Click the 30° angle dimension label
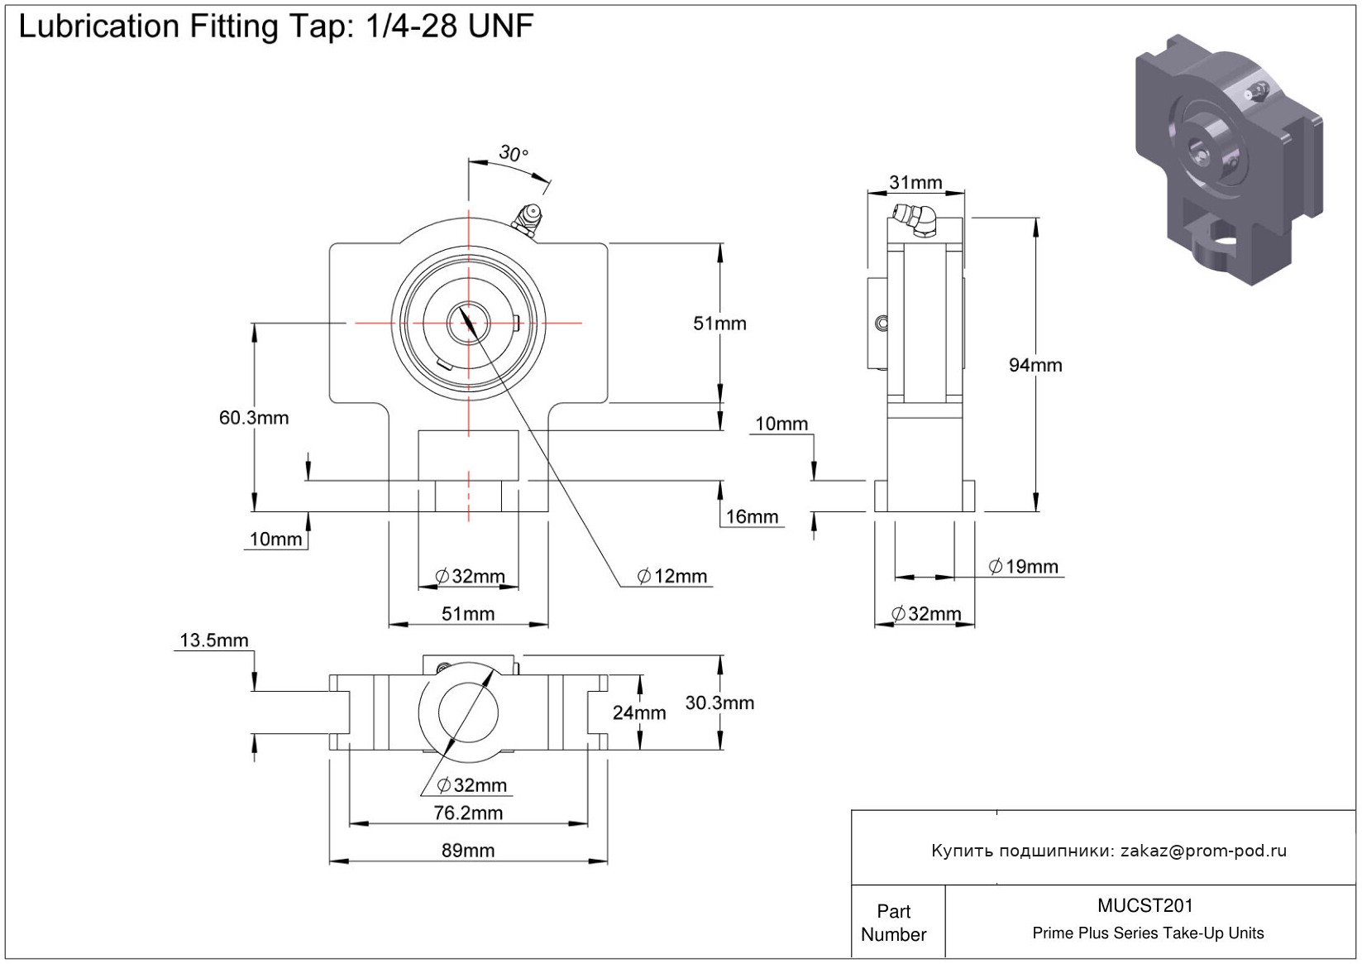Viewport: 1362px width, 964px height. point(513,153)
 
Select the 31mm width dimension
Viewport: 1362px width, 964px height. point(915,182)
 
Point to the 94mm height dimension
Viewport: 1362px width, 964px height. point(1035,365)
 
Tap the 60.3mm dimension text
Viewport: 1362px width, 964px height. point(254,418)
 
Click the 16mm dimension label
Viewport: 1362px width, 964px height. point(752,517)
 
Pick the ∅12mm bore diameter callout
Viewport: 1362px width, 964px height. point(672,576)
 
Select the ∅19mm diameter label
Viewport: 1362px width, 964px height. point(1024,567)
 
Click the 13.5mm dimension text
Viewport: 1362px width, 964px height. point(213,640)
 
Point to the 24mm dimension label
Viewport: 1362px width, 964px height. point(639,712)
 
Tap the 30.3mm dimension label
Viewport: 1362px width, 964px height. point(719,703)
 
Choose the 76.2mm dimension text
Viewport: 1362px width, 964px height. point(468,813)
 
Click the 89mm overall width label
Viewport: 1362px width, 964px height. point(468,851)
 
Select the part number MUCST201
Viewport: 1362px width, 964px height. point(1145,906)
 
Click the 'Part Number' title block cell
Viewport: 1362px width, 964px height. point(894,923)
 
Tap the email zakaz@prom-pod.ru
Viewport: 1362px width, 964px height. point(1203,851)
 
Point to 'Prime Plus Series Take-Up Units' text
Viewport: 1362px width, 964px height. point(1148,933)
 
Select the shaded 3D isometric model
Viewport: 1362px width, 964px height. point(1228,157)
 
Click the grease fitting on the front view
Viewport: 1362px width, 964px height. point(527,220)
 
